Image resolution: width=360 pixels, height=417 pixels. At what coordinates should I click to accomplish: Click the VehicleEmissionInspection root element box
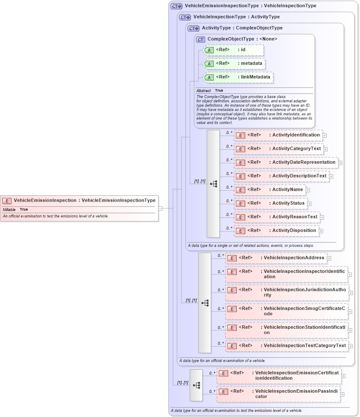point(79,200)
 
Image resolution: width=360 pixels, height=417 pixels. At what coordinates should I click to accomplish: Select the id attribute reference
point(234,50)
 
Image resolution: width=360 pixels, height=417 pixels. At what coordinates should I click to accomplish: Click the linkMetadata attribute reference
point(238,77)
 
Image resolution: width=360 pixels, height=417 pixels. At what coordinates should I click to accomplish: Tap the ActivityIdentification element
point(278,135)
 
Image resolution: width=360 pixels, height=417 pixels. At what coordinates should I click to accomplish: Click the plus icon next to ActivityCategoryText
point(325,149)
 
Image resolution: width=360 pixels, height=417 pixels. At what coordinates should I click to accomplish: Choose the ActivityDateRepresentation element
point(286,162)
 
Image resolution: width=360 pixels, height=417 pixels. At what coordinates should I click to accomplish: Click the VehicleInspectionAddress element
point(276,258)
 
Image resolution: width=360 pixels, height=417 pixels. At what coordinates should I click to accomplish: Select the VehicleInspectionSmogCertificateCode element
point(287,311)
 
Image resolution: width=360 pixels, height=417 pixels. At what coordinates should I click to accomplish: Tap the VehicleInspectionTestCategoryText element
point(287,346)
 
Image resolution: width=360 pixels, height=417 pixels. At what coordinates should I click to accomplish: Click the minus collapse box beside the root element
point(160,208)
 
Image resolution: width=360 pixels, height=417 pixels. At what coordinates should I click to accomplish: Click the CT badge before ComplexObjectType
point(200,39)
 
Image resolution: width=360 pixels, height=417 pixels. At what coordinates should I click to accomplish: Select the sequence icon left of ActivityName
point(213,184)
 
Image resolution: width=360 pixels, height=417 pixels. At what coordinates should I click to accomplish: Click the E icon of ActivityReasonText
point(240,217)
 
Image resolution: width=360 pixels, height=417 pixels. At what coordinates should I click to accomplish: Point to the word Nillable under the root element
point(9,210)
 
